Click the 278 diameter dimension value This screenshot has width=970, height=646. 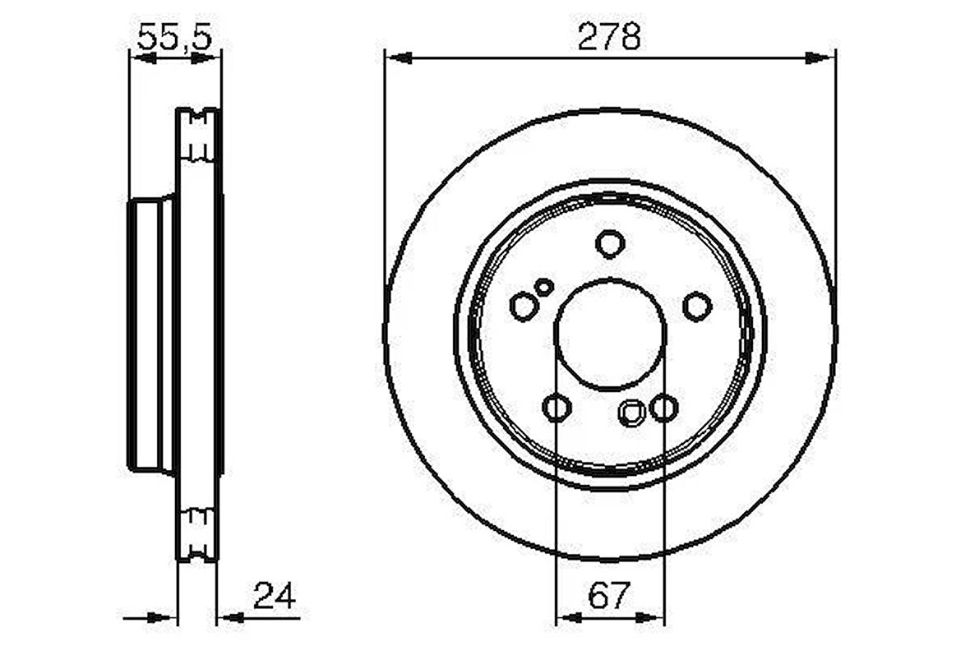click(609, 36)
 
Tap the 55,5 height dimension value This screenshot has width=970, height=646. click(174, 37)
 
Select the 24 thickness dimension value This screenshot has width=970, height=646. click(275, 596)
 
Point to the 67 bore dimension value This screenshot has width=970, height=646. click(609, 596)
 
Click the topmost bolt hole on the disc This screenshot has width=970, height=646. click(610, 244)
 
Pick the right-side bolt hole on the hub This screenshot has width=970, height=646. click(697, 307)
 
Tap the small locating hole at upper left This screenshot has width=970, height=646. click(544, 287)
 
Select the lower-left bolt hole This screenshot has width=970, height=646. click(557, 408)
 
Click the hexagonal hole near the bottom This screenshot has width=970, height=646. click(631, 413)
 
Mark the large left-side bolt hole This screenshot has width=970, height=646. click(524, 307)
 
